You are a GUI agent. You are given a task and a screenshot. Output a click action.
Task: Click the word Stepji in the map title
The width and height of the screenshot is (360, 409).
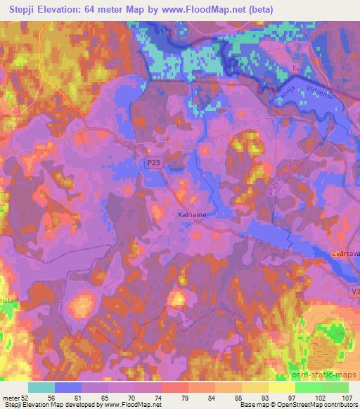click(x=26, y=8)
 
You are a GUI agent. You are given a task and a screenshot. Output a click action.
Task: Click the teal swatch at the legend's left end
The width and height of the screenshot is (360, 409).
click(x=41, y=387)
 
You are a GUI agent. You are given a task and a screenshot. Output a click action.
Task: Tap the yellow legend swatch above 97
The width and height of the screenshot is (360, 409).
click(x=282, y=387)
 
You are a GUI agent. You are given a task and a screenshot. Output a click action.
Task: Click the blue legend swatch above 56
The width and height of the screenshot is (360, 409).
click(x=68, y=387)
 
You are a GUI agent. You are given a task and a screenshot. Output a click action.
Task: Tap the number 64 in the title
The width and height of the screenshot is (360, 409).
click(x=96, y=8)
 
